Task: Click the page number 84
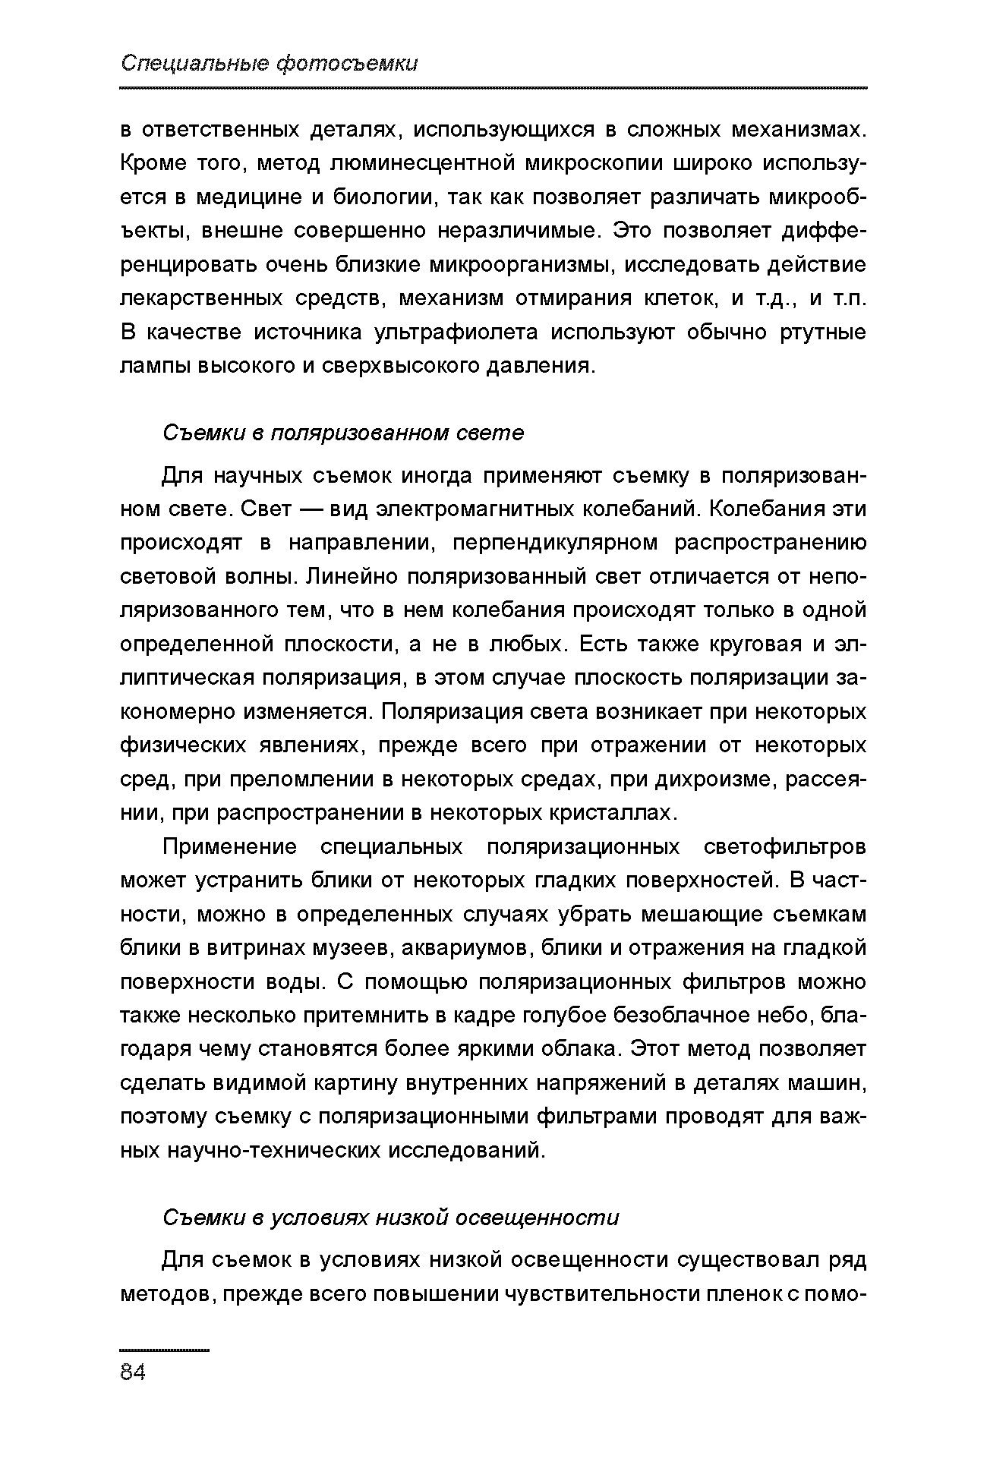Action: coord(134,1372)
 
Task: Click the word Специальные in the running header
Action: coord(194,64)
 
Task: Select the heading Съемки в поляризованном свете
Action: coord(343,433)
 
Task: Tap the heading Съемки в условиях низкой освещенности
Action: coord(391,1218)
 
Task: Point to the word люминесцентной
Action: coord(406,163)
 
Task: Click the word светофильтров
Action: coord(785,846)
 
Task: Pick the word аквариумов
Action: coord(452,948)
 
